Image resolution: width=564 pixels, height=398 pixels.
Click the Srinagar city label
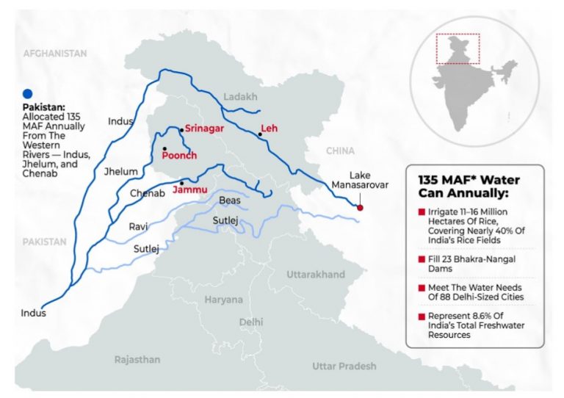coord(204,128)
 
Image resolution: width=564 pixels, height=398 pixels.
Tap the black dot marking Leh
coord(260,134)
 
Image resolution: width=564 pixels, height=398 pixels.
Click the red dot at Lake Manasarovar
coord(360,208)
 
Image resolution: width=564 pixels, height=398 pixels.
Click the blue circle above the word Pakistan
coord(28,93)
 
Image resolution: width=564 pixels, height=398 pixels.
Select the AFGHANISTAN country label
coord(55,54)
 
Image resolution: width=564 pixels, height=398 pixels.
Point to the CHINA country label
coord(339,151)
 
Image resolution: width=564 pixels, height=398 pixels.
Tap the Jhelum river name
coord(122,172)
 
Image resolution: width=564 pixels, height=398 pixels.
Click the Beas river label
coord(230,200)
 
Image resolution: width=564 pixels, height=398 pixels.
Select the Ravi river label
coord(139,227)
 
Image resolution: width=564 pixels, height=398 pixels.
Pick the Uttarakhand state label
coord(315,275)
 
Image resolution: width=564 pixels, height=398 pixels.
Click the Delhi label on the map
coord(250,322)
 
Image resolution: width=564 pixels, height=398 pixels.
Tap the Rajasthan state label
coord(137,359)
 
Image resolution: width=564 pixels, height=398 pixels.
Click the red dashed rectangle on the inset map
coord(458,49)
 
